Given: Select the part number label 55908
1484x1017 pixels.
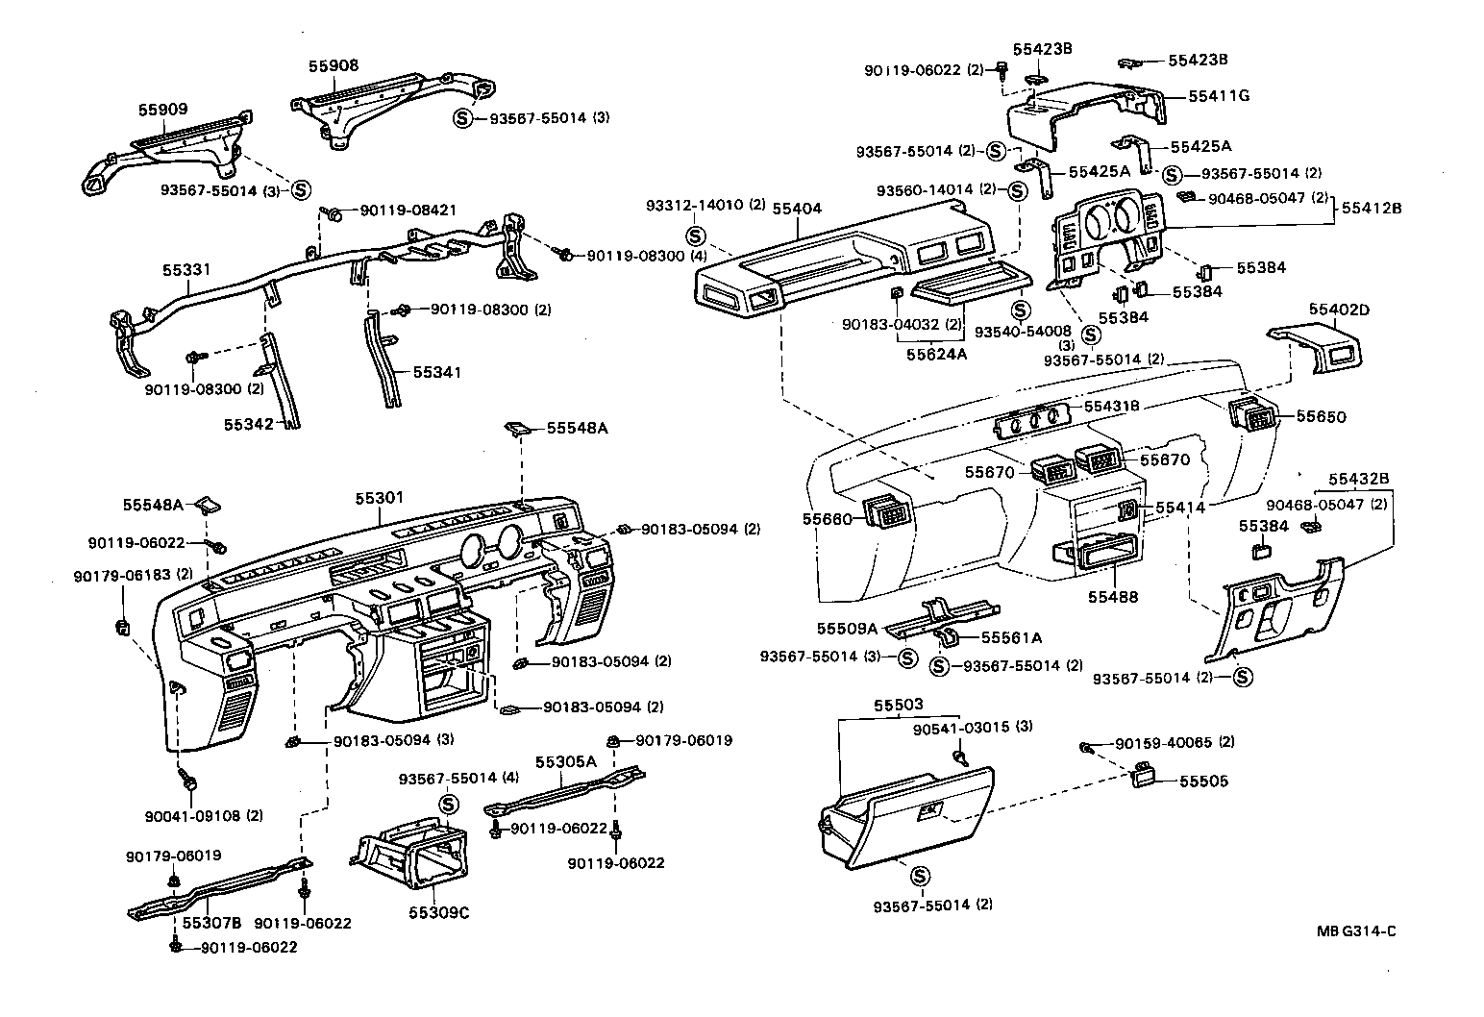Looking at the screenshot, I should click(334, 65).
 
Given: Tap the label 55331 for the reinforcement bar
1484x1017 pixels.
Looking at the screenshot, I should click(185, 272).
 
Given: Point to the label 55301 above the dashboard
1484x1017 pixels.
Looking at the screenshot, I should click(380, 498).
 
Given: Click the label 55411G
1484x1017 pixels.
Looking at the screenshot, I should click(1219, 96).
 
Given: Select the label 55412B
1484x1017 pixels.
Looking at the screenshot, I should click(1371, 207).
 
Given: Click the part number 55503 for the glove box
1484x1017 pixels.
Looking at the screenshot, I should click(899, 706).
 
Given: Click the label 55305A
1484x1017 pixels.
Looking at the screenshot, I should click(566, 761).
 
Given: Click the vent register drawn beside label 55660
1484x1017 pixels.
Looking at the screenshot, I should click(885, 511).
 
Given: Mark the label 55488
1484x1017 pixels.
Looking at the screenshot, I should click(1113, 597).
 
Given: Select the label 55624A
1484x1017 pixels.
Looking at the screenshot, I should click(936, 354).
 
